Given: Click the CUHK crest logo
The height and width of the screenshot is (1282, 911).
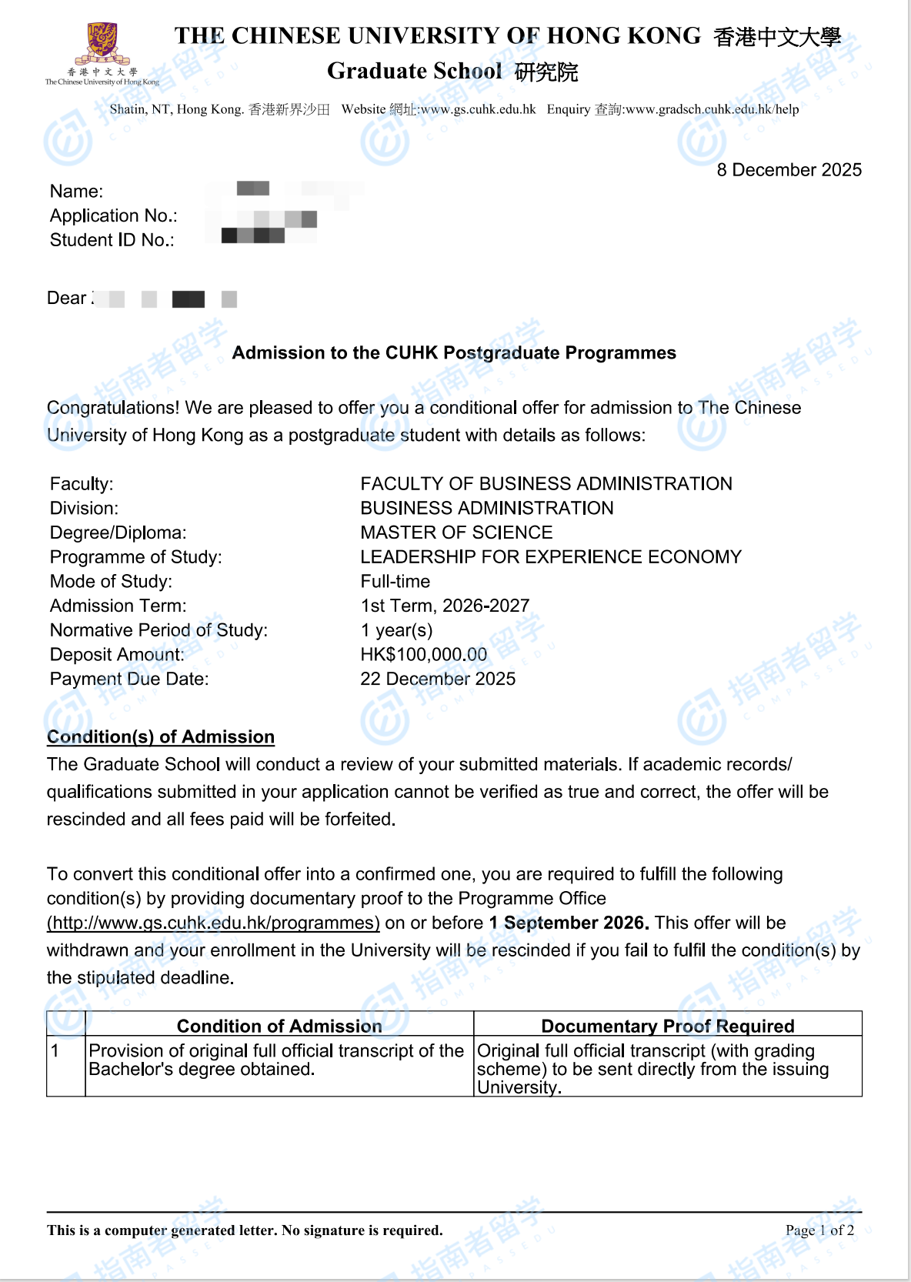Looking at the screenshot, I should [102, 45].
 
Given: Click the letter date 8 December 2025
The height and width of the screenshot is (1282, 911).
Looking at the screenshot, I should [789, 170].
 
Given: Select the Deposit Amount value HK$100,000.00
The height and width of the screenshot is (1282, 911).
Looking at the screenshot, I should [423, 655].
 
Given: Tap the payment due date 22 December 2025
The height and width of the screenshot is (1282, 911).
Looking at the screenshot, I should [438, 679].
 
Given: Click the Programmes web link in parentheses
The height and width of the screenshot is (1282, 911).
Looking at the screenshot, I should [213, 923].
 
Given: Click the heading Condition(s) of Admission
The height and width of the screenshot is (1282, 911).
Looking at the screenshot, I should [161, 736].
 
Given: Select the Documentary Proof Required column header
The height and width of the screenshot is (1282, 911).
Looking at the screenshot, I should [667, 1026].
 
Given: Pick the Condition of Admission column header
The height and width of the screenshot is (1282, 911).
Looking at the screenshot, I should [279, 1026].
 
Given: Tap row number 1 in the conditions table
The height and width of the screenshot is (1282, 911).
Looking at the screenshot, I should [55, 1051].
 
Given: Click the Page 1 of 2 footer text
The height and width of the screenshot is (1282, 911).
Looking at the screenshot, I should [819, 1230].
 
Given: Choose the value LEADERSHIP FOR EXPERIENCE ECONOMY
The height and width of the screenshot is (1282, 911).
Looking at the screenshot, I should [551, 557].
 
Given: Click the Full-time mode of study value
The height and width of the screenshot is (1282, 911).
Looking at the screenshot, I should [395, 582].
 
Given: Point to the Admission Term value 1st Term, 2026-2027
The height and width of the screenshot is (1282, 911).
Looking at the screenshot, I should [445, 606].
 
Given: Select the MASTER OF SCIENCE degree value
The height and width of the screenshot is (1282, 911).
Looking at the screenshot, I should [456, 532].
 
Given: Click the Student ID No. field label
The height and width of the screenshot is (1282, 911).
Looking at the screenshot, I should [112, 240].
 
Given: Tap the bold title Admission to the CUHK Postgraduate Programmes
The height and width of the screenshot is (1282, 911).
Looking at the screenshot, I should [454, 352].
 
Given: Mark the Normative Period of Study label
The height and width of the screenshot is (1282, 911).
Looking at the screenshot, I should [159, 630].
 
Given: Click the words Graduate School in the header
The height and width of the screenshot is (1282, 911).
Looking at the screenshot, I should [414, 71].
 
